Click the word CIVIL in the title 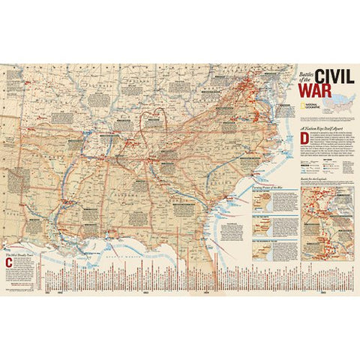pos(331,76)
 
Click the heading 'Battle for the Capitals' pos(322,175)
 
